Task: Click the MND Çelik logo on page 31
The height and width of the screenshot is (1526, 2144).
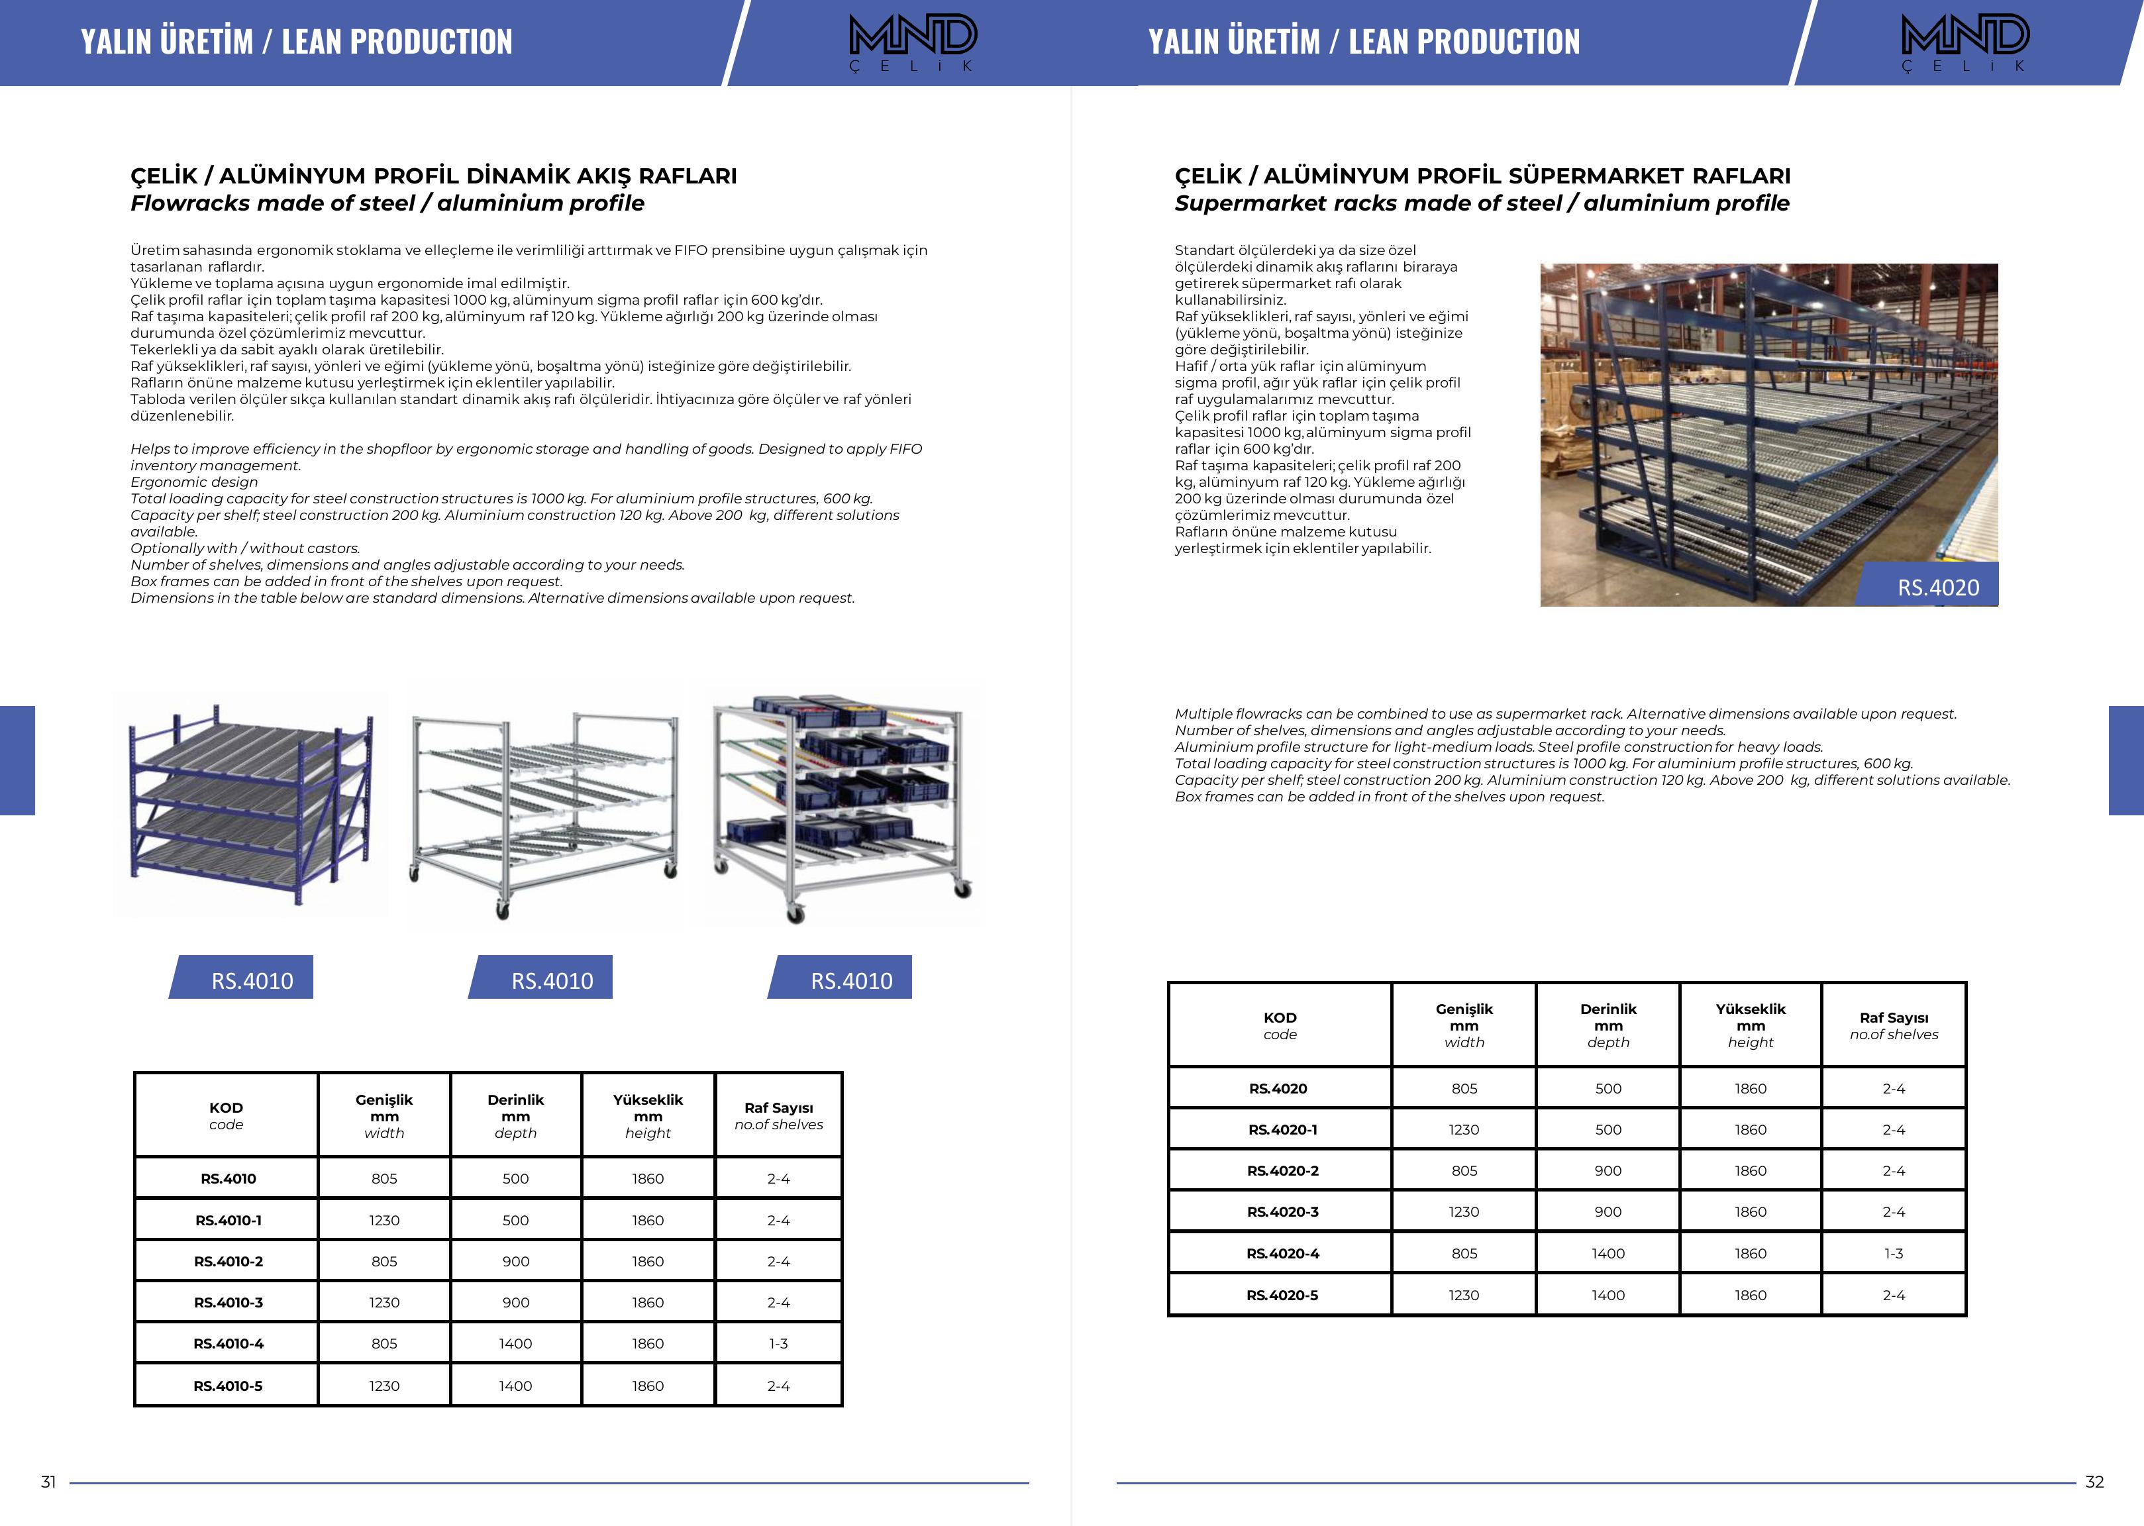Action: coord(912,42)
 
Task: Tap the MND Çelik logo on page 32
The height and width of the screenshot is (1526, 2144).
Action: coord(1965,42)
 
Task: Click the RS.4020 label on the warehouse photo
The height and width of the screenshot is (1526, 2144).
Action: coord(1937,587)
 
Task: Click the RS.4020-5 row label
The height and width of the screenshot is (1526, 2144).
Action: coord(1282,1295)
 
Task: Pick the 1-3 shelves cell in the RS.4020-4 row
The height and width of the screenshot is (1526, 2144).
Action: coord(1893,1254)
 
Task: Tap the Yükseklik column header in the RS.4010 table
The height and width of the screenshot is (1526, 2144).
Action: coord(647,1115)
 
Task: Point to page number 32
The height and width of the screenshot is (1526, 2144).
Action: coord(2094,1482)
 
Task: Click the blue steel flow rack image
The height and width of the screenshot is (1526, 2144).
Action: coord(250,803)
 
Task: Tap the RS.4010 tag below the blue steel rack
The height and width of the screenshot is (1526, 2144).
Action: coord(251,980)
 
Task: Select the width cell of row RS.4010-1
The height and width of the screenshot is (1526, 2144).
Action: coord(383,1219)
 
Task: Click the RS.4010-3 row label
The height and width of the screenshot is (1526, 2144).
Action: coord(229,1302)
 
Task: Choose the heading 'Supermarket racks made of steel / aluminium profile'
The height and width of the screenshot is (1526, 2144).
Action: coord(1482,203)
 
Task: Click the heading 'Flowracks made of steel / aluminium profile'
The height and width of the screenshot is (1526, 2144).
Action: coord(387,203)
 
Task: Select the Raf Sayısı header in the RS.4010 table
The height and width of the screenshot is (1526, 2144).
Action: coord(778,1115)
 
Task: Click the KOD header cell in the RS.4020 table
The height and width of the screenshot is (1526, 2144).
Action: coord(1280,1025)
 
